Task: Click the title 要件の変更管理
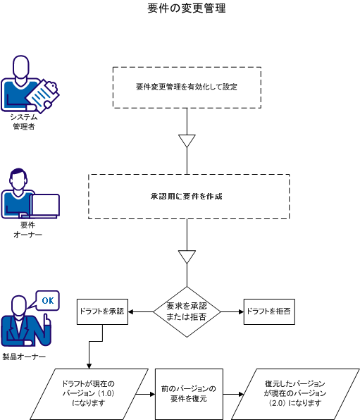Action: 187,9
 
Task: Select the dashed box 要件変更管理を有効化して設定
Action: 187,87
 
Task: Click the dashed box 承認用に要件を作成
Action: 187,196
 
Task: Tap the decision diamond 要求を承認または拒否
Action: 187,311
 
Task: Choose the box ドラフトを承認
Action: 102,311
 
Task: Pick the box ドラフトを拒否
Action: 268,311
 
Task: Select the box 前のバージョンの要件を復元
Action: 188,393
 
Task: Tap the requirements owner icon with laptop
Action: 28,197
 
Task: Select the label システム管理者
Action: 24,121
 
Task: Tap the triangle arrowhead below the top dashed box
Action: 186,141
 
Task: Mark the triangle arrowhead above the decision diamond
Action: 186,256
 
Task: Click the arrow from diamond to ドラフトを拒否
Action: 232,311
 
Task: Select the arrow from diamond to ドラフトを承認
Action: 140,311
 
